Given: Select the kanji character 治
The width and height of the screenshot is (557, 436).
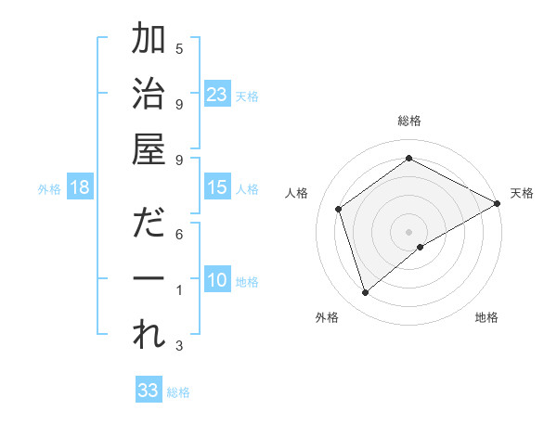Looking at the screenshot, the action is [x=149, y=95].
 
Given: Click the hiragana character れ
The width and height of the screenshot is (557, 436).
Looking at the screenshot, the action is [x=149, y=336].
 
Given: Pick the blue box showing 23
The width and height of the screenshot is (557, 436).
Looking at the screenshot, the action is [x=217, y=94].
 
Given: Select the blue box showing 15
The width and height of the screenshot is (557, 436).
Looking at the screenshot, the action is [x=217, y=187].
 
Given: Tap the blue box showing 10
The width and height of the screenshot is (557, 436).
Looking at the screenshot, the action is [x=217, y=280].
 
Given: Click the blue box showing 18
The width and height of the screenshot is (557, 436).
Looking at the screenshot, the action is [x=80, y=187].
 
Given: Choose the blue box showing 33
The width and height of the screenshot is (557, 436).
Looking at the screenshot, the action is [x=149, y=391].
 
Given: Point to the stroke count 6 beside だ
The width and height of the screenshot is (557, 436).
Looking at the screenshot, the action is [x=179, y=234].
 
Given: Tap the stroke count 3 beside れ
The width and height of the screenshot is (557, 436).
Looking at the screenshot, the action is [x=179, y=346].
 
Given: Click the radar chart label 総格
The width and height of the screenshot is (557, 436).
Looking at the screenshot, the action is [x=408, y=121].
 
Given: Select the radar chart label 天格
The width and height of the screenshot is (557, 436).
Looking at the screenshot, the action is [x=522, y=193].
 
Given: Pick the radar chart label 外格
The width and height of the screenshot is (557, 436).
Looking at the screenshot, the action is [x=326, y=317].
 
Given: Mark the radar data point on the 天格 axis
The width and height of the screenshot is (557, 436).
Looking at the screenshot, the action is [x=498, y=203].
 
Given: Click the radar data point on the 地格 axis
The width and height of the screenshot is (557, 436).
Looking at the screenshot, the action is [x=421, y=247].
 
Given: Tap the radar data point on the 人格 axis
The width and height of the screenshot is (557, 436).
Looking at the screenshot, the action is [x=339, y=209].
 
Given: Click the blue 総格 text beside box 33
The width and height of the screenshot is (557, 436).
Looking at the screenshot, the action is [x=178, y=392].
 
